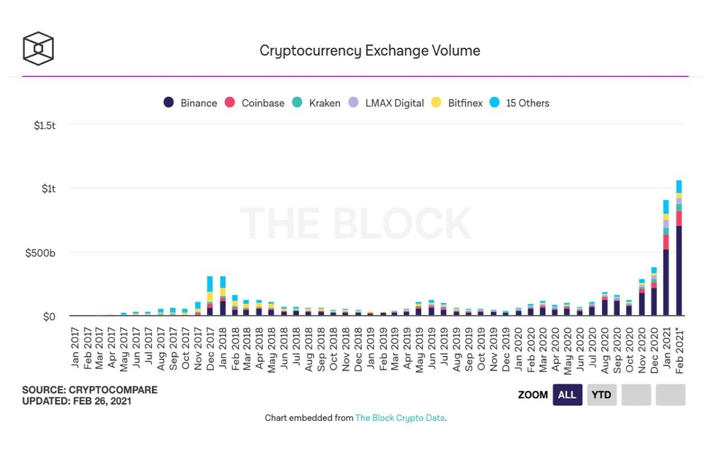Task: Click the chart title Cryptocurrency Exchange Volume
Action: click(370, 51)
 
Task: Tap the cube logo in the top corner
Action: click(38, 48)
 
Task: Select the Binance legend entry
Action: click(190, 103)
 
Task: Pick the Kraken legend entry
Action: click(316, 103)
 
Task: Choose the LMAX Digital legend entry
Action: click(386, 103)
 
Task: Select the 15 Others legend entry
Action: click(519, 103)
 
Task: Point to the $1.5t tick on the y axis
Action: click(44, 125)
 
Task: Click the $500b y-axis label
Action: click(40, 253)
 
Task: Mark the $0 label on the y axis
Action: click(49, 317)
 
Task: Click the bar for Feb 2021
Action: click(679, 248)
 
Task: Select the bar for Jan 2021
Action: click(666, 258)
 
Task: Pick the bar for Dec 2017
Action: click(210, 296)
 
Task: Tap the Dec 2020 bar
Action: click(654, 292)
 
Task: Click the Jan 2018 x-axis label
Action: click(223, 348)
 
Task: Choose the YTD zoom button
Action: click(602, 395)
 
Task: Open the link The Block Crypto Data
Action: click(400, 418)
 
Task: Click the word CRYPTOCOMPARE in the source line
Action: click(113, 390)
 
